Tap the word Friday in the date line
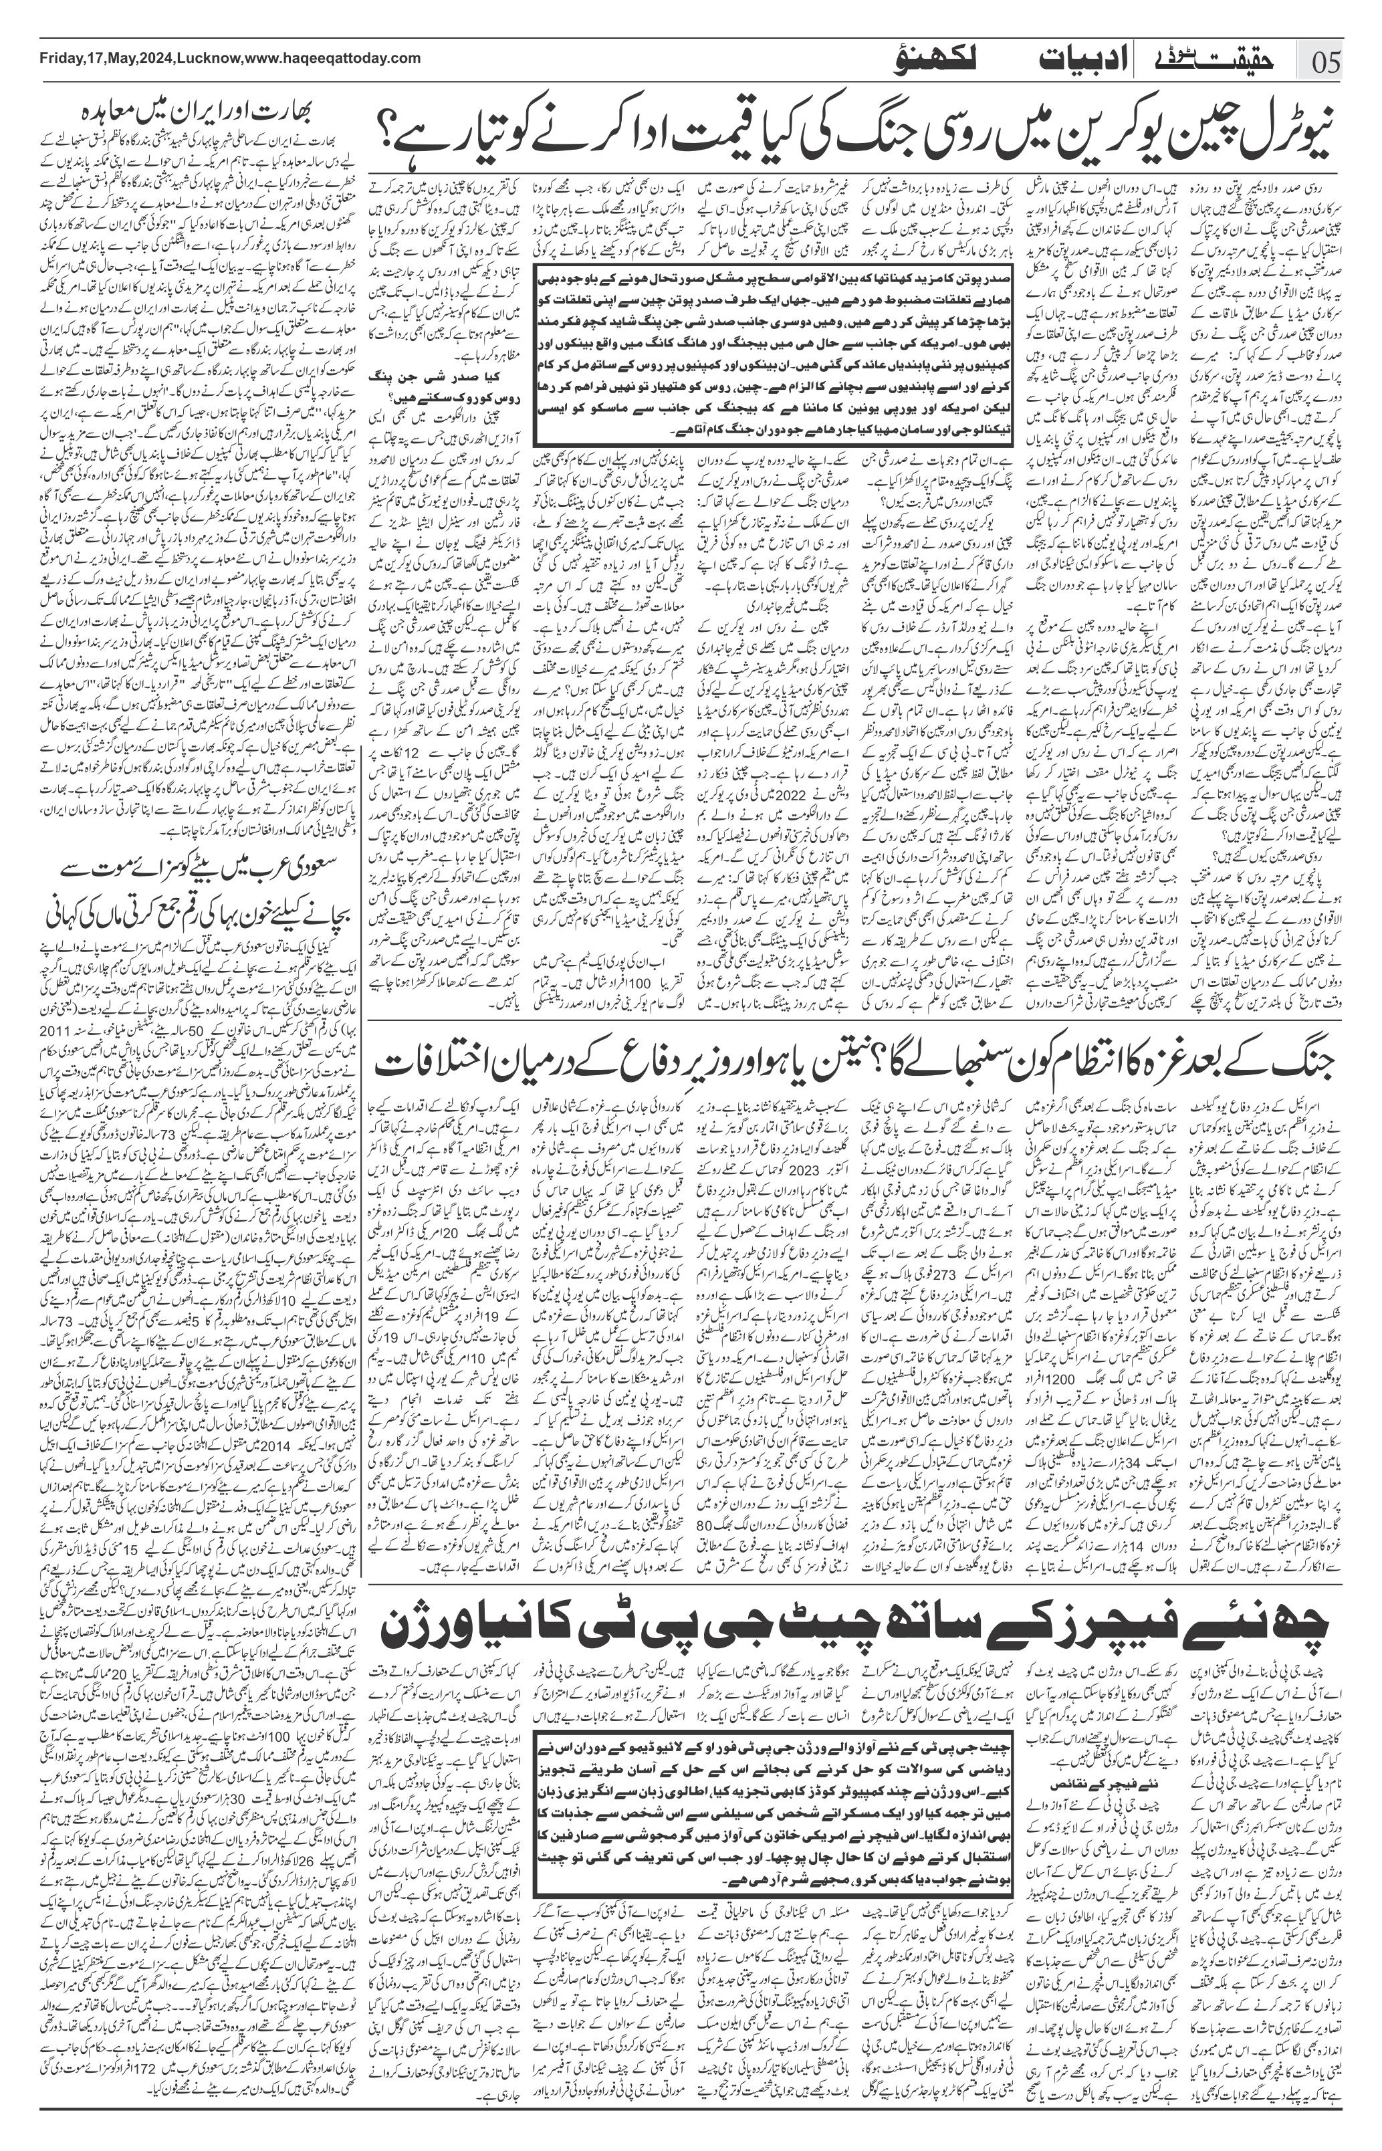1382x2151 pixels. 61,58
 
